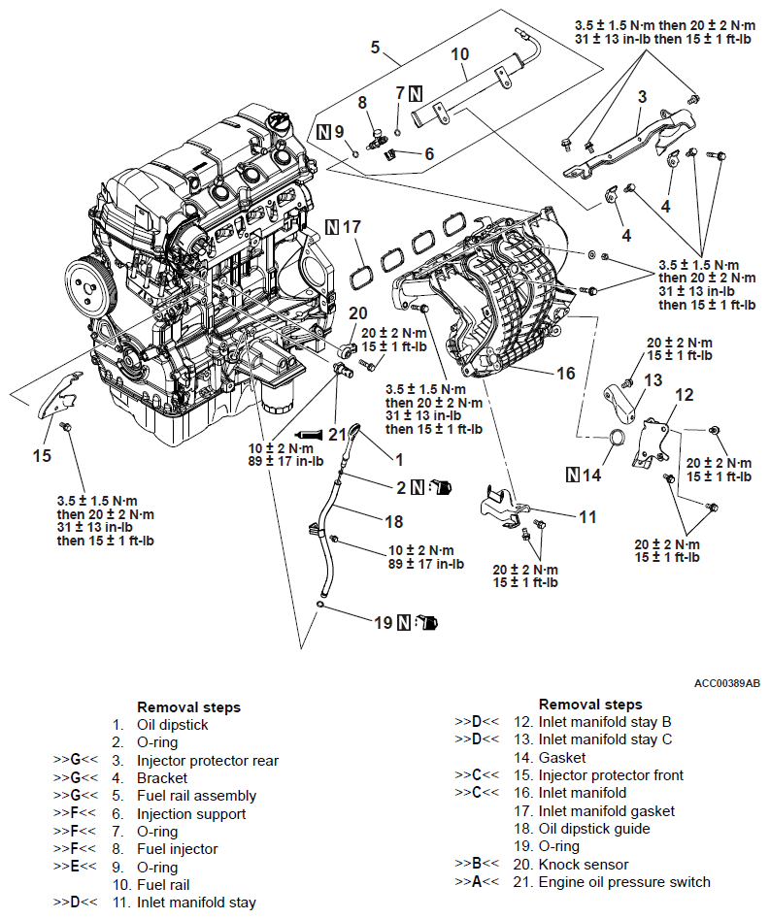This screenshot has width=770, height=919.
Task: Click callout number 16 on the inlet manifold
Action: coord(565,373)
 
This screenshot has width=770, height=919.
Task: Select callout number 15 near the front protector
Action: coord(41,454)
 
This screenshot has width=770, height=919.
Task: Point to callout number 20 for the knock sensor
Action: coord(358,312)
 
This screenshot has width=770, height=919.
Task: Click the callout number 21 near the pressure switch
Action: coord(337,434)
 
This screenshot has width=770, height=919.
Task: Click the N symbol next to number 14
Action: coord(574,476)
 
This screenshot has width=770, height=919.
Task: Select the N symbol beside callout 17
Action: coord(333,227)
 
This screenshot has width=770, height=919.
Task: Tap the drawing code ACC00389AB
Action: coord(726,683)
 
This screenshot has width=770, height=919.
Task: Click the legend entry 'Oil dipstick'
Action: coord(172,725)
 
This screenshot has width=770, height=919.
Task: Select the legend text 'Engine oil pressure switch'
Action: coord(624,882)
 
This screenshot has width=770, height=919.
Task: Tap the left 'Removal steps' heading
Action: coord(188,707)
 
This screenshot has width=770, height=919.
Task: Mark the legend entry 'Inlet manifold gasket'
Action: coord(605,811)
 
